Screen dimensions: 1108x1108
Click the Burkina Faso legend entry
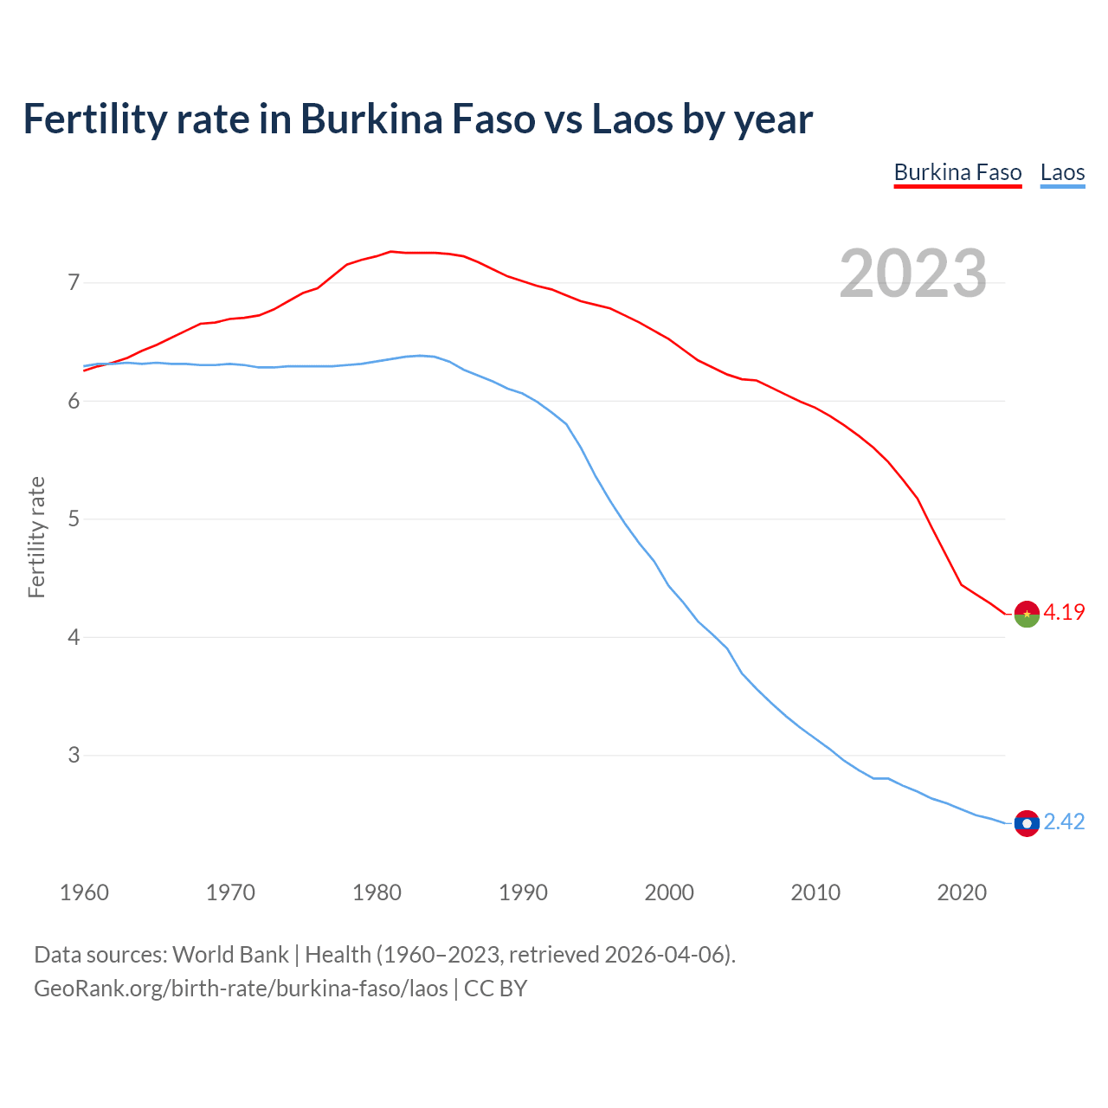click(957, 172)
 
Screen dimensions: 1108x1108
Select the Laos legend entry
click(1062, 172)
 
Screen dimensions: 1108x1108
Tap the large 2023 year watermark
click(913, 274)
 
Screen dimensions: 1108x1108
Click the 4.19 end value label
click(1064, 612)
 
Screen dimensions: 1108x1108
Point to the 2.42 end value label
click(1064, 821)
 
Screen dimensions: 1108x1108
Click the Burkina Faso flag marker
click(1027, 614)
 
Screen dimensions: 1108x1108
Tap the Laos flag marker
click(1027, 823)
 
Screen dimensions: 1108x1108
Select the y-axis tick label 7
click(74, 282)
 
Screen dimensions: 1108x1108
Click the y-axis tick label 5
click(74, 519)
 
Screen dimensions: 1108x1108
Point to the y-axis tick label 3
click(74, 755)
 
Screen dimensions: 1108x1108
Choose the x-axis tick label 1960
click(84, 892)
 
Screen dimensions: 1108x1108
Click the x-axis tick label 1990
click(523, 892)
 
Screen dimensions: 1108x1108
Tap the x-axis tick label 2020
click(962, 892)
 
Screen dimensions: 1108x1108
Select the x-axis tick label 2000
click(669, 892)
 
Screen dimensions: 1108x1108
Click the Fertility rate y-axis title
click(36, 537)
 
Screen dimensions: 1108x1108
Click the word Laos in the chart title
click(632, 119)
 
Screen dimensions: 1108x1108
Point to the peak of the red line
click(391, 252)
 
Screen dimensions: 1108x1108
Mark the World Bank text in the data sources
click(230, 955)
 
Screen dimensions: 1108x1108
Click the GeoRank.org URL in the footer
click(241, 989)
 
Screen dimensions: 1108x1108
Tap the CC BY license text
click(496, 989)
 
